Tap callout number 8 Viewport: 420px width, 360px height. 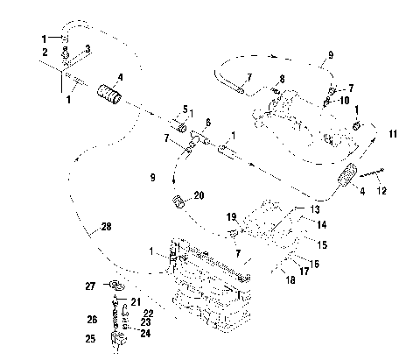(x=282, y=79)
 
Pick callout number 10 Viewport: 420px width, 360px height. (x=345, y=100)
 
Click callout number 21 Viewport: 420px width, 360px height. (x=136, y=302)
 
